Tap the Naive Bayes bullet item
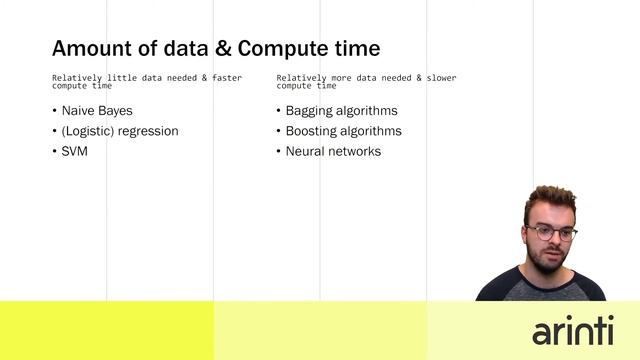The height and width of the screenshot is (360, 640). (97, 111)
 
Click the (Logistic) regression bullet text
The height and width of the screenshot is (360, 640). (120, 131)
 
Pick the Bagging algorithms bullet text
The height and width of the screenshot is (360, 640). (341, 111)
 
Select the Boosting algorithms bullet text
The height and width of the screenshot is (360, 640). (343, 131)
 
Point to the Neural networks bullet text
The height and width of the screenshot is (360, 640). (333, 151)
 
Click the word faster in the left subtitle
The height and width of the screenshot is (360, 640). (227, 77)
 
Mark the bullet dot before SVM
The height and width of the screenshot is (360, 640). (53, 151)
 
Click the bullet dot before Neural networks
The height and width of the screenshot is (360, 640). (277, 151)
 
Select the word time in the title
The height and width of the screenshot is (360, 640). (358, 48)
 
